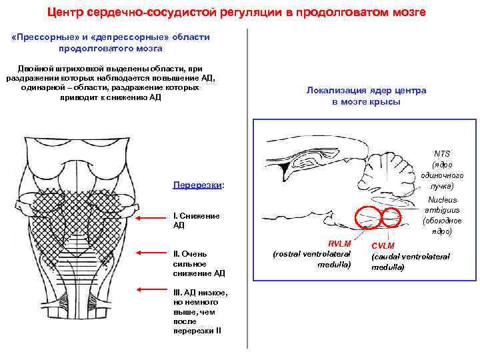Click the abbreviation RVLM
(x=339, y=244)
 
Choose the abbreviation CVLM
(x=383, y=246)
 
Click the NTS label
(x=442, y=154)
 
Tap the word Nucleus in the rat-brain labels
(x=443, y=199)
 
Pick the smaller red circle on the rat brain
(x=391, y=216)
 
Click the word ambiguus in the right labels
(x=443, y=210)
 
